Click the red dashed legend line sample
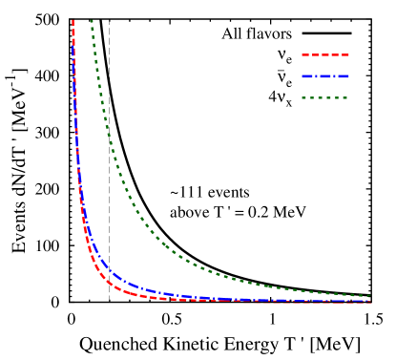point(325,54)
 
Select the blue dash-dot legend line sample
point(325,76)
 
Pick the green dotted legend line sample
point(324,97)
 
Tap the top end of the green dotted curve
point(91,21)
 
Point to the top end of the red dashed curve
point(73,21)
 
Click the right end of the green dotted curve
point(370,296)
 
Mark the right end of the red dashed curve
point(370,302)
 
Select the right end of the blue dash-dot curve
point(370,301)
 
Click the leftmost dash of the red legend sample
point(305,54)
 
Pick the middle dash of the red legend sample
point(325,54)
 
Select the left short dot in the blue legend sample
point(316,76)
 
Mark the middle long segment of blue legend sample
point(325,76)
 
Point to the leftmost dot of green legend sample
point(303,97)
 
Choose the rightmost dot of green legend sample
point(344,97)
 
